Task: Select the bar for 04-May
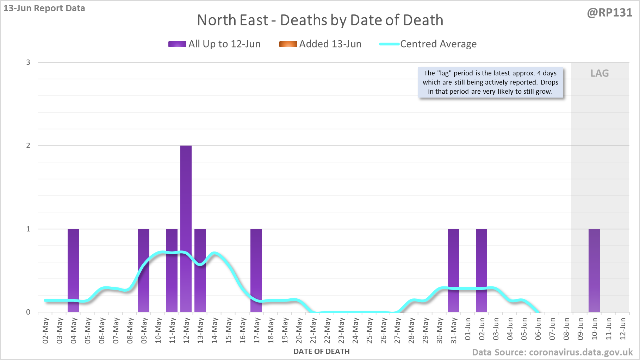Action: click(x=73, y=270)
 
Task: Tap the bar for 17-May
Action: click(x=256, y=270)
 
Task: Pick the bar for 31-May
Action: click(x=453, y=270)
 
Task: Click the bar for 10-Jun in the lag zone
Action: click(x=594, y=270)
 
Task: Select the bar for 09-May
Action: click(x=144, y=270)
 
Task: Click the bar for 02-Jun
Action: click(x=481, y=270)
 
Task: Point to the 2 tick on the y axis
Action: click(x=28, y=145)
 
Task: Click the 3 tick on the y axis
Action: click(x=28, y=62)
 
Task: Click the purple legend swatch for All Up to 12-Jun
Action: click(x=177, y=44)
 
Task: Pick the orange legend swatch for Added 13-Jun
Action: click(x=288, y=44)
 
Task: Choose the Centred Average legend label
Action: click(x=438, y=44)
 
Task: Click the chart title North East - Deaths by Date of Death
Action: click(x=320, y=20)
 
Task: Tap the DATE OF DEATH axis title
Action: click(x=321, y=352)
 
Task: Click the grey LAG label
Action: click(x=599, y=73)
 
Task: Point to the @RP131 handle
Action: click(x=609, y=13)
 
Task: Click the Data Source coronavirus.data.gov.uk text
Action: click(x=552, y=352)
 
